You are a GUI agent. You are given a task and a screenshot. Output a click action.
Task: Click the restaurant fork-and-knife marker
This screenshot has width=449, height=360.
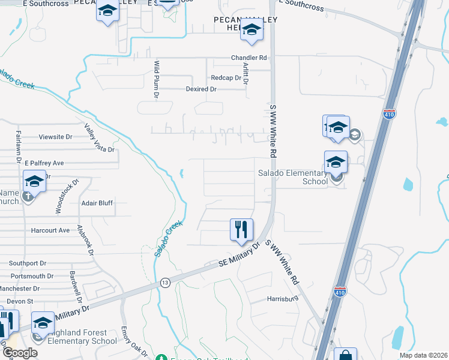tap(241, 229)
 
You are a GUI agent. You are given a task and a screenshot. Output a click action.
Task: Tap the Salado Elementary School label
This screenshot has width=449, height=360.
tap(294, 177)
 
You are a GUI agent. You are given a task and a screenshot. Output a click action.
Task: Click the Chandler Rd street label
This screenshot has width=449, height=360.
tap(249, 58)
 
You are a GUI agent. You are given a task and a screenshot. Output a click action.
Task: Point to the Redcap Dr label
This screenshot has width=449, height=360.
tap(226, 78)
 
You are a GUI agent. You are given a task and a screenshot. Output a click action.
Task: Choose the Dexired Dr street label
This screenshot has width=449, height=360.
tap(200, 89)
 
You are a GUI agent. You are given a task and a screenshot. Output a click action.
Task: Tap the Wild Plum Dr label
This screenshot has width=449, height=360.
tap(156, 79)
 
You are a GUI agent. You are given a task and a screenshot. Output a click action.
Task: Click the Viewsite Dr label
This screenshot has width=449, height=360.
tap(55, 137)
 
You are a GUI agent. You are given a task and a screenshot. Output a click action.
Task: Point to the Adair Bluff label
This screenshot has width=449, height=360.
tap(97, 203)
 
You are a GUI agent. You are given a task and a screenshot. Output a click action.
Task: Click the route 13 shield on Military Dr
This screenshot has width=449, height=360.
tap(165, 282)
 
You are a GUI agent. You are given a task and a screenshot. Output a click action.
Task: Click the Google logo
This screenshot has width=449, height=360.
tap(19, 353)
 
